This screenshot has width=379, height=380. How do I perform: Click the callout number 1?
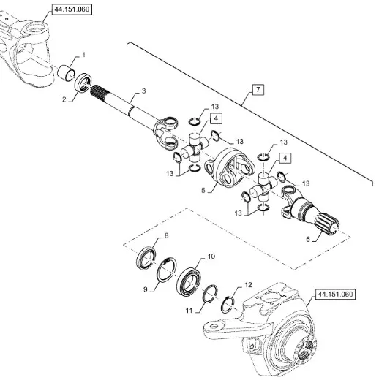coord(83,55)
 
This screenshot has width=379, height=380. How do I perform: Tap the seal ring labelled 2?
coord(83,83)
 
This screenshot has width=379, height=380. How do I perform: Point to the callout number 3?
coord(143,91)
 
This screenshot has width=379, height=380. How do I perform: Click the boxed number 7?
coord(258,90)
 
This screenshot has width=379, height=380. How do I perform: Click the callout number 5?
coord(203,190)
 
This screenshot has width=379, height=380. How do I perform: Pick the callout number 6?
coord(308,239)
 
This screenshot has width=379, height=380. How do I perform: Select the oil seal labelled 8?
coord(146,258)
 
